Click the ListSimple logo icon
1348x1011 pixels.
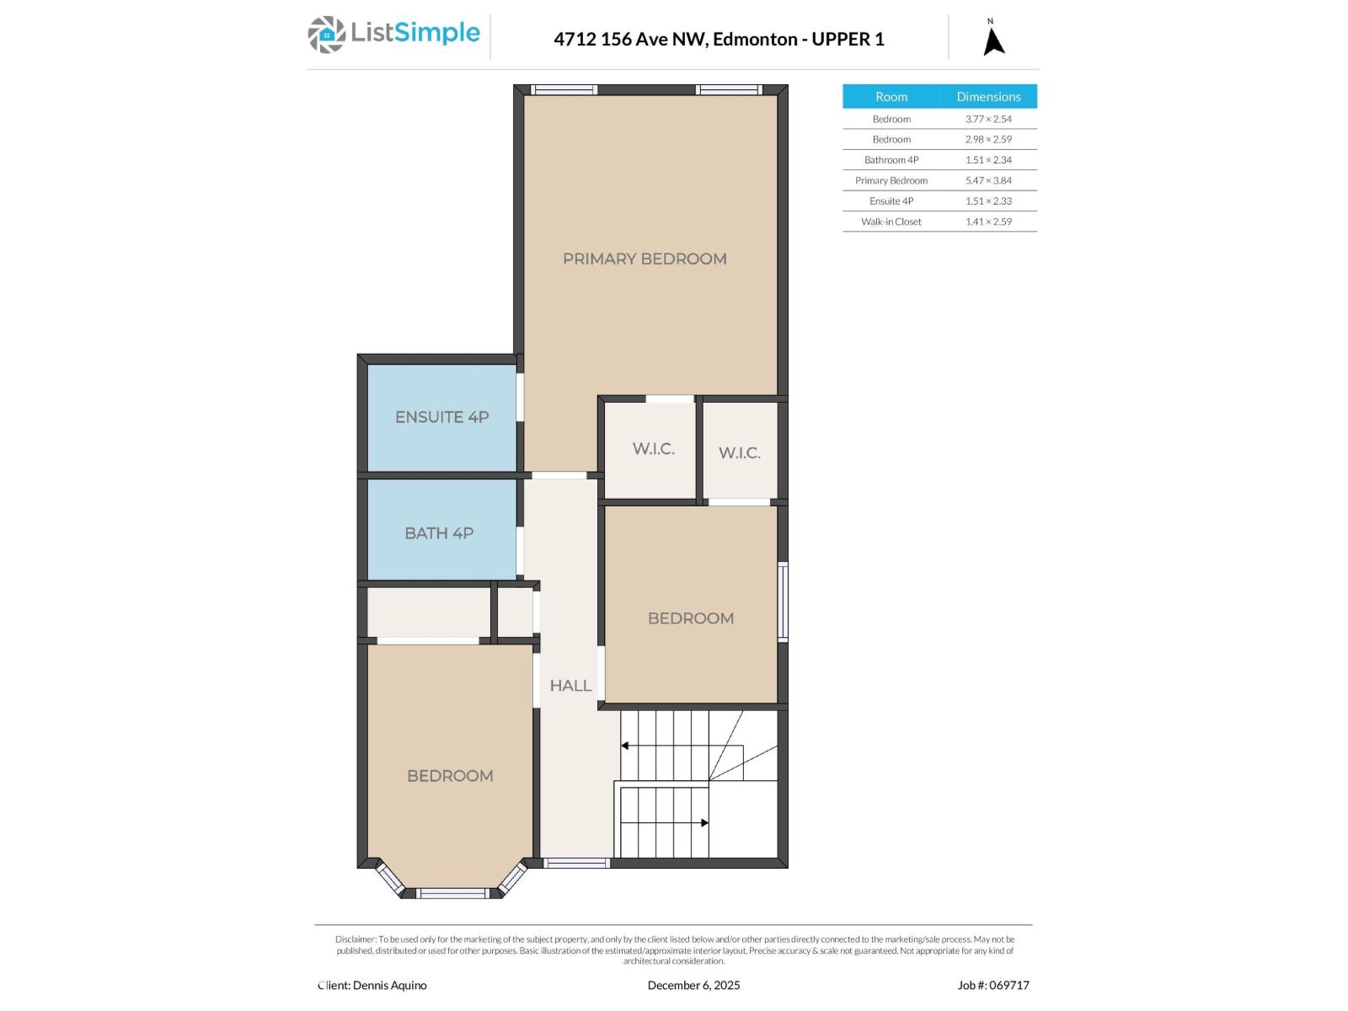pos(326,35)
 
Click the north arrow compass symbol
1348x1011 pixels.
pos(993,38)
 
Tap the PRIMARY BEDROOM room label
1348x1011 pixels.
pos(645,259)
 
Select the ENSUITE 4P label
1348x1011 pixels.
pos(441,417)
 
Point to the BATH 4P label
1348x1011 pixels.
pos(438,532)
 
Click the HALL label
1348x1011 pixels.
pos(570,685)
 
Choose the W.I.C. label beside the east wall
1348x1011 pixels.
pos(740,452)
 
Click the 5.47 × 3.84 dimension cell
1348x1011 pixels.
pos(988,179)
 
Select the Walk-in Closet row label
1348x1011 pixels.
pos(891,221)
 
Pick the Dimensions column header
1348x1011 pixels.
pos(988,96)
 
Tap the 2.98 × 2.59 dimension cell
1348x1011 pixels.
pos(988,139)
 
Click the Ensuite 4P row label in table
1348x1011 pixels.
pos(891,201)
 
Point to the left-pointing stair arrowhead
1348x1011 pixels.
pos(624,746)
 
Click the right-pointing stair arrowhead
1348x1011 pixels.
pos(705,822)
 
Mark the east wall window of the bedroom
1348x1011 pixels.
pos(783,602)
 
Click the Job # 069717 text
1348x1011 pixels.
pos(993,985)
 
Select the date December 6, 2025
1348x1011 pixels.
pos(693,985)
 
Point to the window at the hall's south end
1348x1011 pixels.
pos(576,863)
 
